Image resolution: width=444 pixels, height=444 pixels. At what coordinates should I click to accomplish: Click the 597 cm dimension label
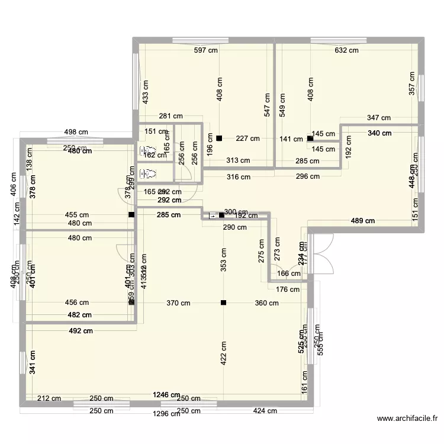tap(206, 50)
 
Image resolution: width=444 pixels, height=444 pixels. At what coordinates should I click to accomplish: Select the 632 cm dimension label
tap(346, 50)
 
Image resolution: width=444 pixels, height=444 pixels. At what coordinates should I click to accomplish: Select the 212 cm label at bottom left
tap(50, 398)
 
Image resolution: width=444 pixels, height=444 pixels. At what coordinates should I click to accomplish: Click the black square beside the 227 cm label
tap(219, 139)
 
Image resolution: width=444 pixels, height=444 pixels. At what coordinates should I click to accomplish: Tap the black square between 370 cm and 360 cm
tap(223, 303)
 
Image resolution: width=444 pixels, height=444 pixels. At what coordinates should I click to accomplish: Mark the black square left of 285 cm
tap(131, 215)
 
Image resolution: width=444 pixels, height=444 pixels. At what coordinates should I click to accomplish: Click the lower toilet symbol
tap(149, 173)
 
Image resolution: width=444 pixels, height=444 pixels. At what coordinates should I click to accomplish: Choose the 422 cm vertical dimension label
tap(223, 354)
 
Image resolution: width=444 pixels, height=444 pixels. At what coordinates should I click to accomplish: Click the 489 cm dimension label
tap(363, 221)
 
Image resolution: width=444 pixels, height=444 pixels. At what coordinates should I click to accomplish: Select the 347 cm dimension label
tap(379, 118)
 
